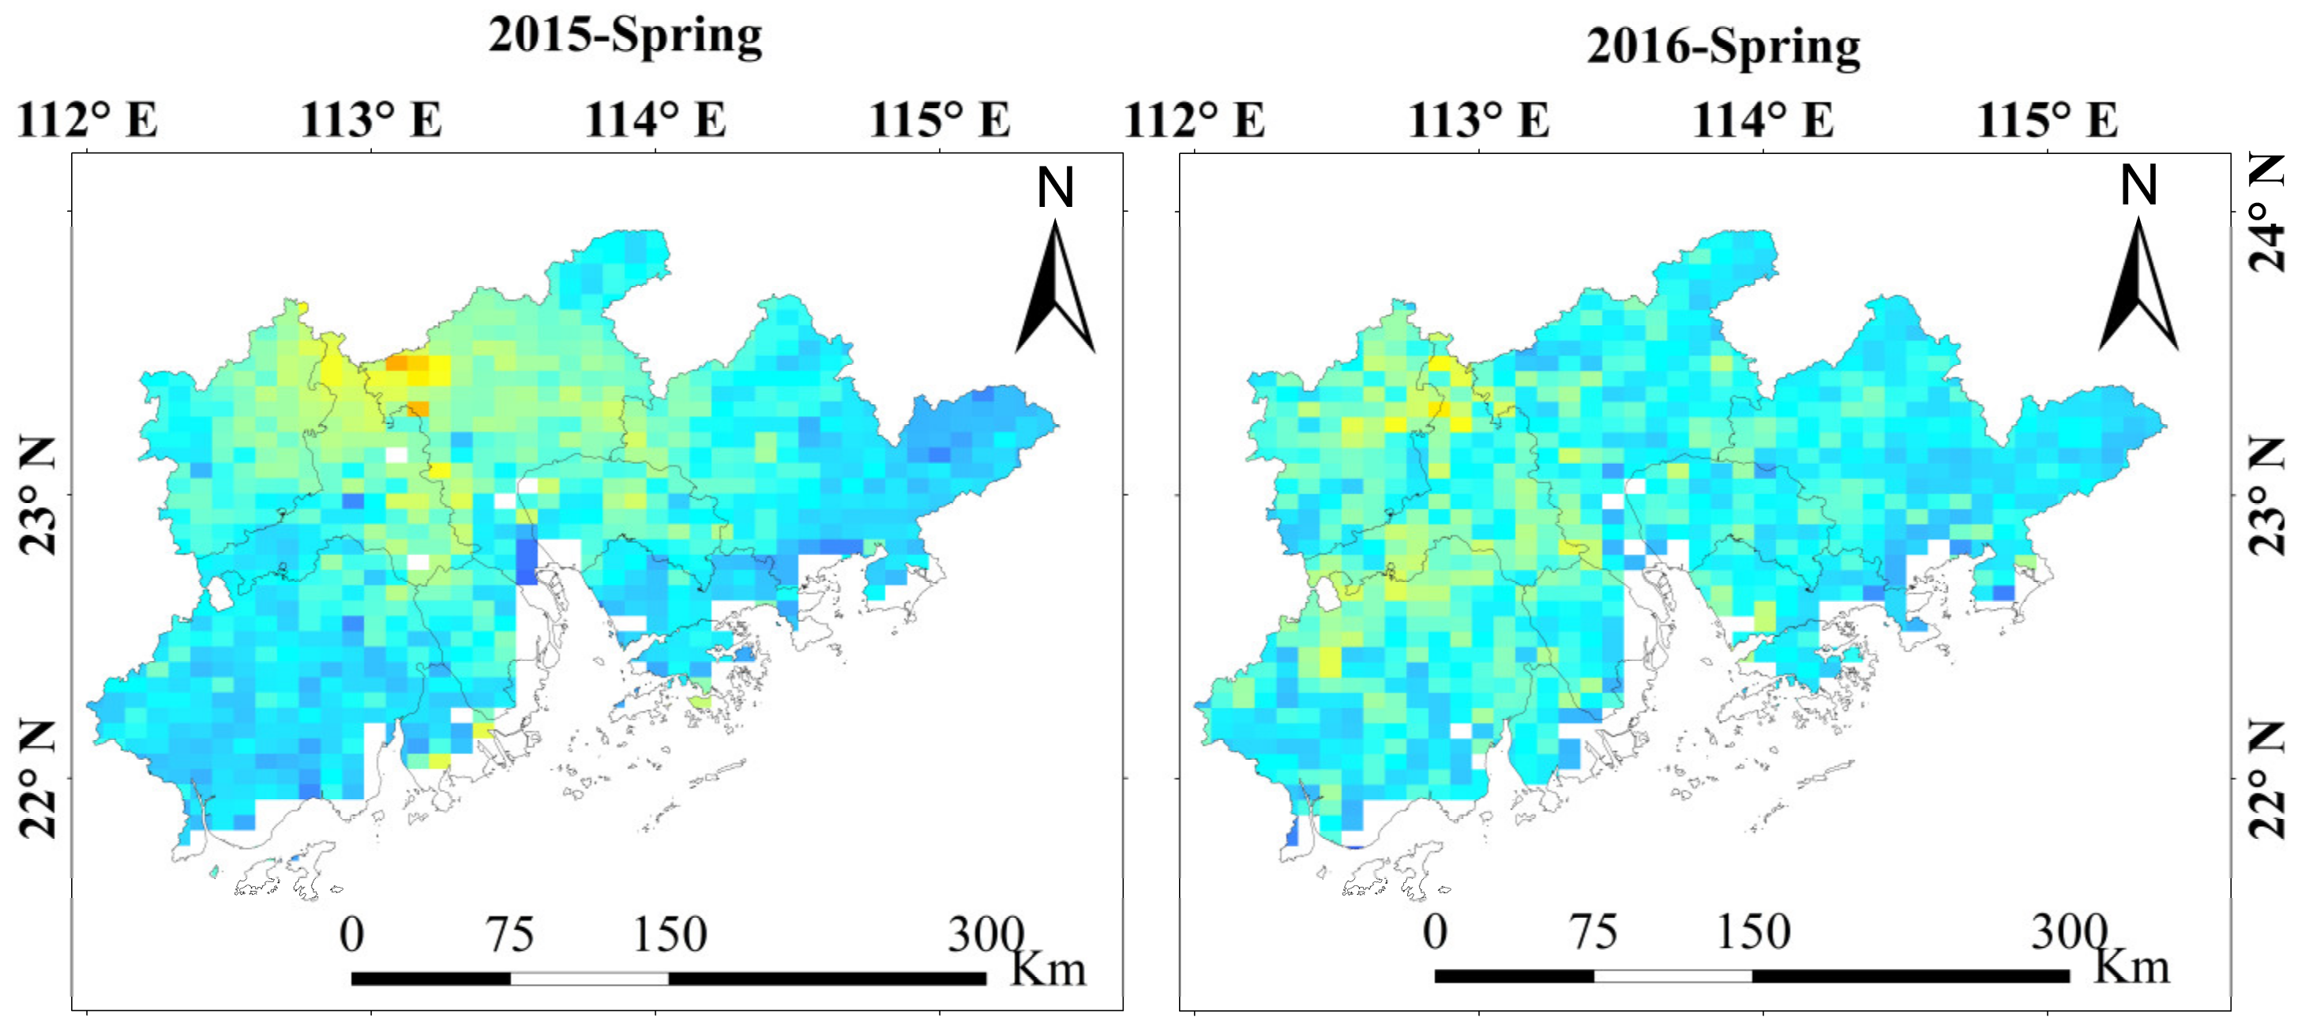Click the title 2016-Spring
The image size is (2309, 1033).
coord(1723,47)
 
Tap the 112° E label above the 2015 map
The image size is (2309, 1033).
coord(87,119)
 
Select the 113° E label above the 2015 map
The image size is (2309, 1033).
coord(371,119)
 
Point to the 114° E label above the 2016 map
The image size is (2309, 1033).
coord(1763,119)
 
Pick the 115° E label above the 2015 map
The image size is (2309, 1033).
coord(940,119)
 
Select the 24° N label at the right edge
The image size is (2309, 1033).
coord(2270,212)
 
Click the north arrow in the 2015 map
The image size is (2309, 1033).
coord(1055,287)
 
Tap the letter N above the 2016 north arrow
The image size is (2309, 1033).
coord(2138,185)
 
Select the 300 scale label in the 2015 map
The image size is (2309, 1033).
coord(985,934)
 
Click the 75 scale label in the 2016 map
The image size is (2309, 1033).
coord(1593,932)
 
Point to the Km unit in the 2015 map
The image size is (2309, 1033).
coord(1048,969)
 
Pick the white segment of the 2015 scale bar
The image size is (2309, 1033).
coord(589,979)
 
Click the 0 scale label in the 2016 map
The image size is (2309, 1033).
coord(1434,932)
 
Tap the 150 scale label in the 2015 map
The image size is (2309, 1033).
coord(670,934)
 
